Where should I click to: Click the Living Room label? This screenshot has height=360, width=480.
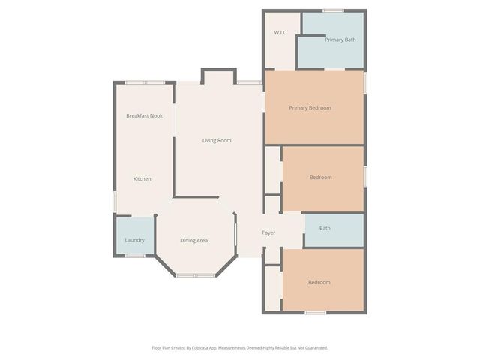[216, 140]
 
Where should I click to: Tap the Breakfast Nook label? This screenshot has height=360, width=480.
[144, 115]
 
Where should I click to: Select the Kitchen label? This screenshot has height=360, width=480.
[142, 179]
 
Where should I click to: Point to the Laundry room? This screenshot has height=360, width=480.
[134, 240]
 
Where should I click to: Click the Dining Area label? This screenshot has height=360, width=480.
[193, 240]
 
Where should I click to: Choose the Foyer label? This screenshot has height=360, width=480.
[268, 232]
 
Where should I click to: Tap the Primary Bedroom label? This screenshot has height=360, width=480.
[310, 108]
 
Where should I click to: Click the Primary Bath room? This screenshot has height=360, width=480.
[340, 40]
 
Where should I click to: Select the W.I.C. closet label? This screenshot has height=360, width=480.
[281, 33]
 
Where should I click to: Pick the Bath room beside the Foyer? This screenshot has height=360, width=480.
[325, 228]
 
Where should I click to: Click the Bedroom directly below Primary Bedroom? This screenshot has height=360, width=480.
[320, 178]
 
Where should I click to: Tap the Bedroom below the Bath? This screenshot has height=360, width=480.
[319, 282]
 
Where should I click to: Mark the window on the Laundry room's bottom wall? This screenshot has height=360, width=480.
[135, 256]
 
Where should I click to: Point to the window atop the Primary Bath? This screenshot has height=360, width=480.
[333, 10]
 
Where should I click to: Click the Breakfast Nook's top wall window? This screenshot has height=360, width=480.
[145, 82]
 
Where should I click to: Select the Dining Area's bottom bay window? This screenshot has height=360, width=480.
[195, 275]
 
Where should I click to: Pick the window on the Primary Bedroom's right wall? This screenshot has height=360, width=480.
[365, 82]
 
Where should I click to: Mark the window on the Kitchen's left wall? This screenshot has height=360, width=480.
[114, 201]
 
